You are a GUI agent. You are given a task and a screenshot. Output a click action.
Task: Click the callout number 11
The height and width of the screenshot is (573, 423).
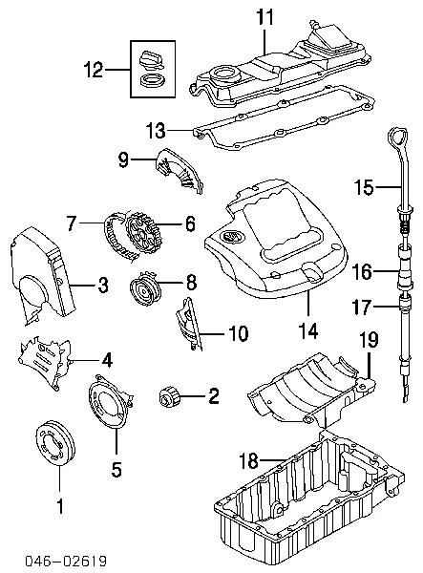264,16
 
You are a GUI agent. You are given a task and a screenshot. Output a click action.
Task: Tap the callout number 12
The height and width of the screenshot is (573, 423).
93,70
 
